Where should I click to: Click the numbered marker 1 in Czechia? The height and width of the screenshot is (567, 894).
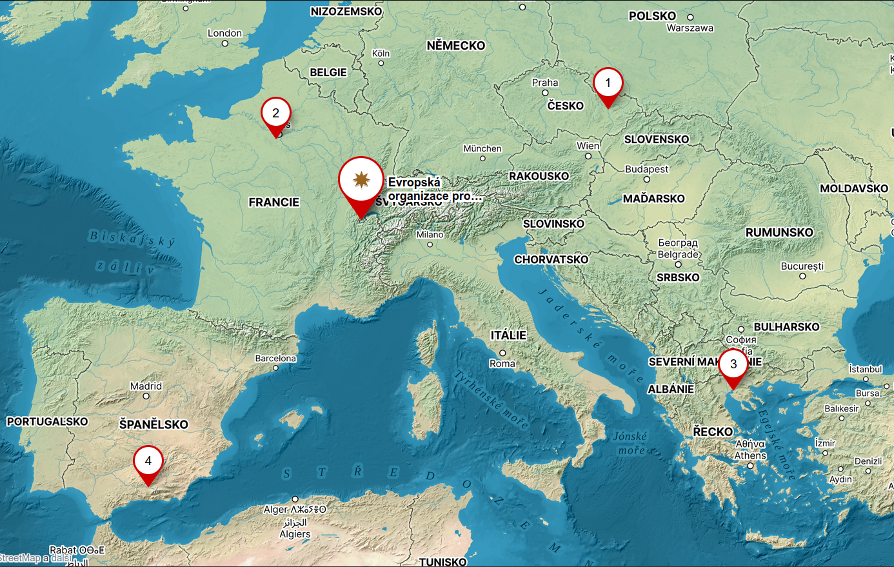tap(608, 83)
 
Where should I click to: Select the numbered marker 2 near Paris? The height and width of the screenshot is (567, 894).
tap(276, 114)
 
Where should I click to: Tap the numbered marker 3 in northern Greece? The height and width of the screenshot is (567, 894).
tap(733, 364)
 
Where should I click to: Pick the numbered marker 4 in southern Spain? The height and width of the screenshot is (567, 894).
tap(148, 461)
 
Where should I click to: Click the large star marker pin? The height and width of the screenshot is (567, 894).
tap(361, 180)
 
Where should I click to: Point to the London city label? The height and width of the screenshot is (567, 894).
tap(224, 33)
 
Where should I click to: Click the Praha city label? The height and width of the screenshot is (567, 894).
tap(545, 83)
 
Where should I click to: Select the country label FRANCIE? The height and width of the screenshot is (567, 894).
tap(274, 203)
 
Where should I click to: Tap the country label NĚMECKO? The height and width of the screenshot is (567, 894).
tap(455, 46)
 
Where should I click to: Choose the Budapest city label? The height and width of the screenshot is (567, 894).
tap(647, 169)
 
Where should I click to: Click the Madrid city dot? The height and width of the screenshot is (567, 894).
tap(146, 396)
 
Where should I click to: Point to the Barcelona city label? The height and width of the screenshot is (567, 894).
tap(275, 358)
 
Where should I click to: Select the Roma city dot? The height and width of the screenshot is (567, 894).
tap(502, 353)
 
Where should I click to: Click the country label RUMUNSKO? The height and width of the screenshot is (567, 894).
tap(779, 232)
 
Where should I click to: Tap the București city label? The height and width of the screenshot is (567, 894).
tap(802, 266)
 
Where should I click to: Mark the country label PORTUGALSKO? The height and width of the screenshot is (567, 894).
tap(47, 422)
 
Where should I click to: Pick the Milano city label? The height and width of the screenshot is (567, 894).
tap(430, 235)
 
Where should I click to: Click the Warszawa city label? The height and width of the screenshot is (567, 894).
tap(690, 28)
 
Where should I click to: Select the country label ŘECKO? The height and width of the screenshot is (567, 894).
tap(713, 432)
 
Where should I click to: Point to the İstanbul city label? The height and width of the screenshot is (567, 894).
tap(866, 369)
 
